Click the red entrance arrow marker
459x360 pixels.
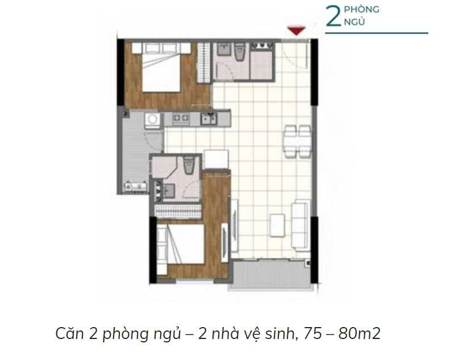[x=296, y=31]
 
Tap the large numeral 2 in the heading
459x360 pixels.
[x=333, y=16]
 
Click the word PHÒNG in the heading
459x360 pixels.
[x=361, y=9]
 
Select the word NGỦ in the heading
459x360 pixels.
[x=354, y=22]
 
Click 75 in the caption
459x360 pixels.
[x=313, y=334]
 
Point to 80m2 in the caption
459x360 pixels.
[x=359, y=334]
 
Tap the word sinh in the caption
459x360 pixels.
[x=279, y=333]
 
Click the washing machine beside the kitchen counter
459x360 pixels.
[x=152, y=120]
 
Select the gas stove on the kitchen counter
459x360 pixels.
[x=181, y=118]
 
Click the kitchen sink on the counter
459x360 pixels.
[x=208, y=119]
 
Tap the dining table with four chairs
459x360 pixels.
[x=297, y=141]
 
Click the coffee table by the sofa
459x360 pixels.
[x=277, y=225]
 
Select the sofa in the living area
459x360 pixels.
[x=301, y=225]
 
